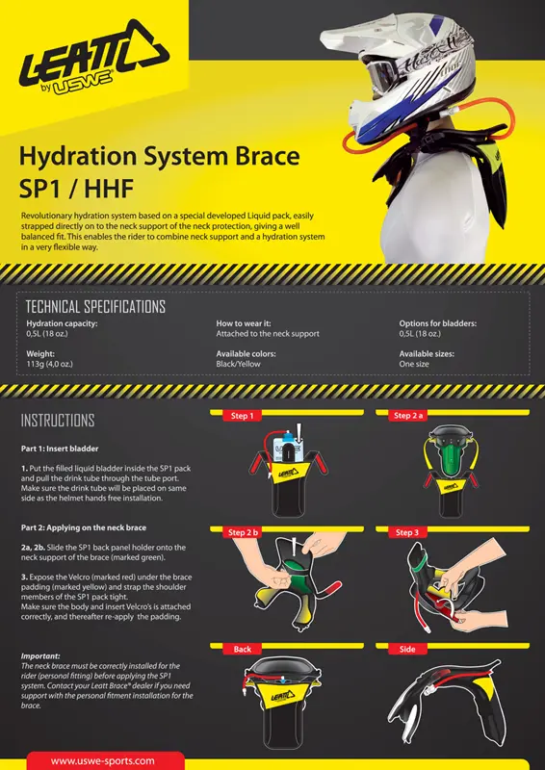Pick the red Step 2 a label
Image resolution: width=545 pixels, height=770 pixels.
coord(408,416)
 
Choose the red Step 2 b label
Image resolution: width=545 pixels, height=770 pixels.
coord(243,532)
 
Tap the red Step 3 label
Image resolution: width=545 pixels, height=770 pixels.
coord(407,532)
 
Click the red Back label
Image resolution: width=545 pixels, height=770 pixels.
coord(243,649)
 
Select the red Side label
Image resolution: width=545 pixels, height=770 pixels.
coord(407,649)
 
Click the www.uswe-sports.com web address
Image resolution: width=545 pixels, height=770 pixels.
coord(103,761)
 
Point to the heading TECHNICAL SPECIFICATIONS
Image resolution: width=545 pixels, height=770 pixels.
coord(95,307)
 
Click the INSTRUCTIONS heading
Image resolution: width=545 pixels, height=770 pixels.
coord(58,421)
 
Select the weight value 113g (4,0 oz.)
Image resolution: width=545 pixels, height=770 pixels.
coord(50,364)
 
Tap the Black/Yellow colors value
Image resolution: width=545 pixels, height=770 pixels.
coord(239,364)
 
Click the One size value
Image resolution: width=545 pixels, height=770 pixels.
coord(414,364)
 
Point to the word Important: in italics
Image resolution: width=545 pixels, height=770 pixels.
coord(40,655)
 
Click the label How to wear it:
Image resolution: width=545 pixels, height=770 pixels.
coord(244,323)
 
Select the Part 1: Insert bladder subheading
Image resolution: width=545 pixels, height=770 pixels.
coord(60,449)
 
